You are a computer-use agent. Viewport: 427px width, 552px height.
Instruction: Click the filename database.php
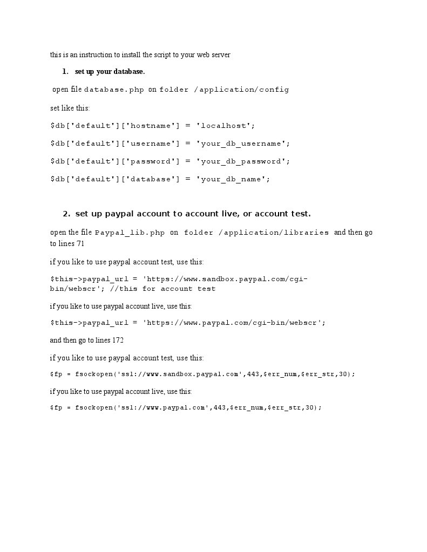[x=114, y=90]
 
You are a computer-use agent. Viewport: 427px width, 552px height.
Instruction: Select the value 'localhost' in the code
[x=225, y=126]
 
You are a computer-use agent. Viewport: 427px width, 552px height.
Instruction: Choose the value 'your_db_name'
[x=232, y=179]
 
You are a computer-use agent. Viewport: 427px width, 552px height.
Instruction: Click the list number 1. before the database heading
[x=65, y=72]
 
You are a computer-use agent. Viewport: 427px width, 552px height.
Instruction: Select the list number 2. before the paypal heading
[x=66, y=214]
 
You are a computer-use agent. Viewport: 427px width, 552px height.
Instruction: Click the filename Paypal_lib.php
[x=130, y=233]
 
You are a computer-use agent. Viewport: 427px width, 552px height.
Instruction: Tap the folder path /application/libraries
[x=274, y=233]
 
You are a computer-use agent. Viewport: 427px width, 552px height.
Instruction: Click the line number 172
[x=118, y=340]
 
